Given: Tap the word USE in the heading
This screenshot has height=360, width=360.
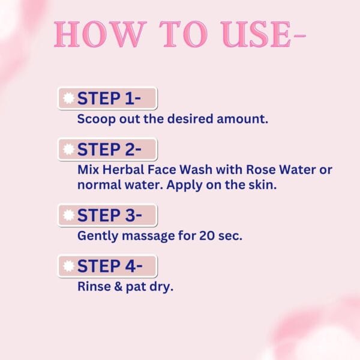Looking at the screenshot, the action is point(256,34).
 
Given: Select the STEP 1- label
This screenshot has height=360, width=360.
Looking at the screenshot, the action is point(109,98).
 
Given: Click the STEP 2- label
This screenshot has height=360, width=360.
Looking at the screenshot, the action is point(109,149).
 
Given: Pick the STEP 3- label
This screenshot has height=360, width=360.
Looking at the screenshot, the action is point(110,215).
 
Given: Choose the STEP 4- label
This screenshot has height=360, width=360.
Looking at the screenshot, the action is point(110,266).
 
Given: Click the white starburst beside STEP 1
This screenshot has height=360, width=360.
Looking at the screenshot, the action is point(68,98).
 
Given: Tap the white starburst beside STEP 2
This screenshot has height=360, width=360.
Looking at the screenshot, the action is point(68,149).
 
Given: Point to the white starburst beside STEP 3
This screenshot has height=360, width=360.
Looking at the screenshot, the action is point(68,215).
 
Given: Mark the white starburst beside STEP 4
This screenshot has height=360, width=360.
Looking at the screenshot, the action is point(68,266).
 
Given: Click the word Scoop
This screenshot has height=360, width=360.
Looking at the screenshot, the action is point(97,119).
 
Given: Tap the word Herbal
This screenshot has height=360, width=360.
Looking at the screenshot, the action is point(123,170).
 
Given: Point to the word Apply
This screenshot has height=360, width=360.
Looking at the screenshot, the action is point(184,185).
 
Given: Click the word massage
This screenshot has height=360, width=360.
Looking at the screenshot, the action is point(148,236).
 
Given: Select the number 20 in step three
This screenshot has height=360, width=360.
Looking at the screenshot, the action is point(207,236).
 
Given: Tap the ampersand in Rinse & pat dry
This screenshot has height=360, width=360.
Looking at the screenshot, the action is point(118,287).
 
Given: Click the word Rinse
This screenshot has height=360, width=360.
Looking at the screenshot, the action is point(94,287).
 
